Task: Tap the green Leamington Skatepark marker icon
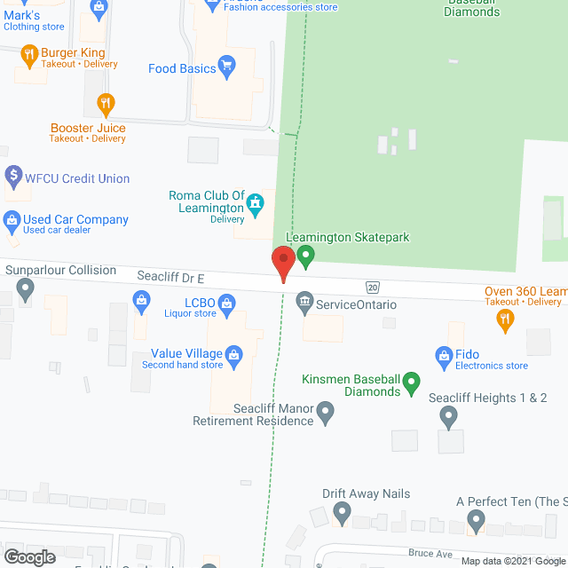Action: pos(306,257)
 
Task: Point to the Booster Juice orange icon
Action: pos(106,105)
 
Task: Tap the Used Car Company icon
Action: pos(12,219)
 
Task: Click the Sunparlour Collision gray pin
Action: pos(26,288)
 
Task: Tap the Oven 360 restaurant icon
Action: pos(506,318)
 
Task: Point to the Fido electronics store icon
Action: pos(444,358)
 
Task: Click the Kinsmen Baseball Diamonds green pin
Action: pos(411,383)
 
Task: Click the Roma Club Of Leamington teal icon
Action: pos(256,206)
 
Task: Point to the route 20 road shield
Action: pos(373,287)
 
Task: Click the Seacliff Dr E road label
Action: pos(171,278)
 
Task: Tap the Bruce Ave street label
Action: pos(430,554)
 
